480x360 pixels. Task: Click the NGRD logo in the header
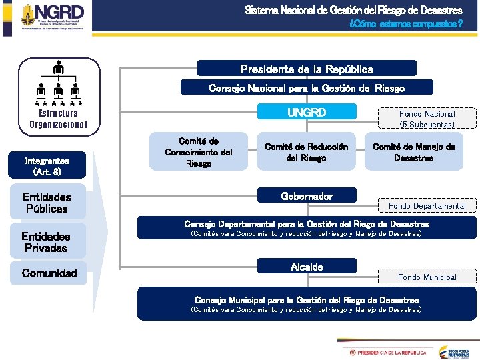[53, 17]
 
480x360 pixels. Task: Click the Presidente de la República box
[307, 69]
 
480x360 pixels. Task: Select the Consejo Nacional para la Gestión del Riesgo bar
[307, 87]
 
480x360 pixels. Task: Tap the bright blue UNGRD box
[307, 113]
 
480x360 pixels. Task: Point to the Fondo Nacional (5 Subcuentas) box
[427, 119]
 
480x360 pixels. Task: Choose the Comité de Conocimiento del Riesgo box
[199, 153]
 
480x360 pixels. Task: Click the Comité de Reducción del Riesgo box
[306, 153]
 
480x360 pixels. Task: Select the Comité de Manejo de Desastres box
[414, 153]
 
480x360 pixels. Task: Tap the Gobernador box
[307, 196]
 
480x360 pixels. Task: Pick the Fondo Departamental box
[427, 205]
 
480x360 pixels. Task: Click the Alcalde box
[307, 267]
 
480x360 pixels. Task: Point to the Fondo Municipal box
[427, 277]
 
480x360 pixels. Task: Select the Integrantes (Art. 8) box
[47, 165]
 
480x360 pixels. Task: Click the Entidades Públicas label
[47, 203]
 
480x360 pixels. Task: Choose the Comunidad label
[49, 273]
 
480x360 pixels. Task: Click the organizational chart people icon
[59, 83]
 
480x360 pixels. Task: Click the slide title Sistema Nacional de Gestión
[353, 10]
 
